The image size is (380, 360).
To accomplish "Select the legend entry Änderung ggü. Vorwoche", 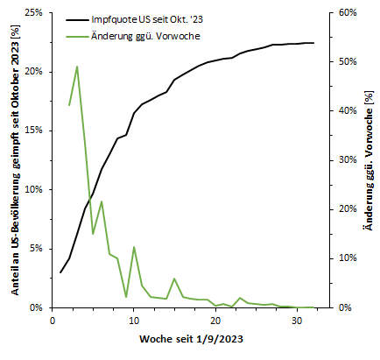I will (x=149, y=36).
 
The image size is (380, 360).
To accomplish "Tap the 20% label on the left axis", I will (x=33, y=72).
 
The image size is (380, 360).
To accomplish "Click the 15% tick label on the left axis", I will (x=33, y=131).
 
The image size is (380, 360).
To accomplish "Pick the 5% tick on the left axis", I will (x=36, y=248).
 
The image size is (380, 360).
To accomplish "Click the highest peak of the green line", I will (x=77, y=67).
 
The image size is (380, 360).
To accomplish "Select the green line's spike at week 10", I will (x=134, y=247).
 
